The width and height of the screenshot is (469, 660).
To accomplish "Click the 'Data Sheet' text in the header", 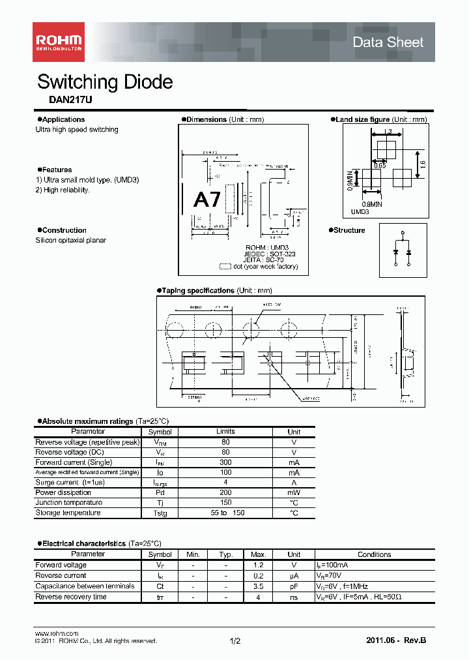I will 388,42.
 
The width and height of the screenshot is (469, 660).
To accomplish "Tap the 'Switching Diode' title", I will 105,82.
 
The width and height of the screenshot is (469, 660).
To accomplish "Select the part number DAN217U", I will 66,102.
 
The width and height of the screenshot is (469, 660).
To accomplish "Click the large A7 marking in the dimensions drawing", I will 208,200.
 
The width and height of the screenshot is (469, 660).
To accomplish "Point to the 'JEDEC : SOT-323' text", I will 270,254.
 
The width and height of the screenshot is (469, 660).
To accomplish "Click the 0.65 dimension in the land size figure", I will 380,166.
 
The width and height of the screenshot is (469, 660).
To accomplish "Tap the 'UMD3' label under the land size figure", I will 360,212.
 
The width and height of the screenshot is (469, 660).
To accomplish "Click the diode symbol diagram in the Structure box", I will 403,248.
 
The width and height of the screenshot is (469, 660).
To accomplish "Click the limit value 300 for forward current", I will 225,462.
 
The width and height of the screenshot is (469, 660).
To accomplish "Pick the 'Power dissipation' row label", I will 63,492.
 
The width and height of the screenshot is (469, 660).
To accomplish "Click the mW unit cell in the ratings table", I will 294,492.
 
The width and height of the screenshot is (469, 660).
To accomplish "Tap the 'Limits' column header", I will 225,432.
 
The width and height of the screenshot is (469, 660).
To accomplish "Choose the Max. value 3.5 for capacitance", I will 257,586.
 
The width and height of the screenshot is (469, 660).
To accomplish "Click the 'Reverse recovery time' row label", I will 71,597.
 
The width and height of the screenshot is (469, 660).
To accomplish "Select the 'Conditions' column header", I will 375,554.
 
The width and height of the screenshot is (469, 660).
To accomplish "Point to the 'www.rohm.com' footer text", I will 56,633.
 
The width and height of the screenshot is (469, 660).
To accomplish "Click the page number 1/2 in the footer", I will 235,642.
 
